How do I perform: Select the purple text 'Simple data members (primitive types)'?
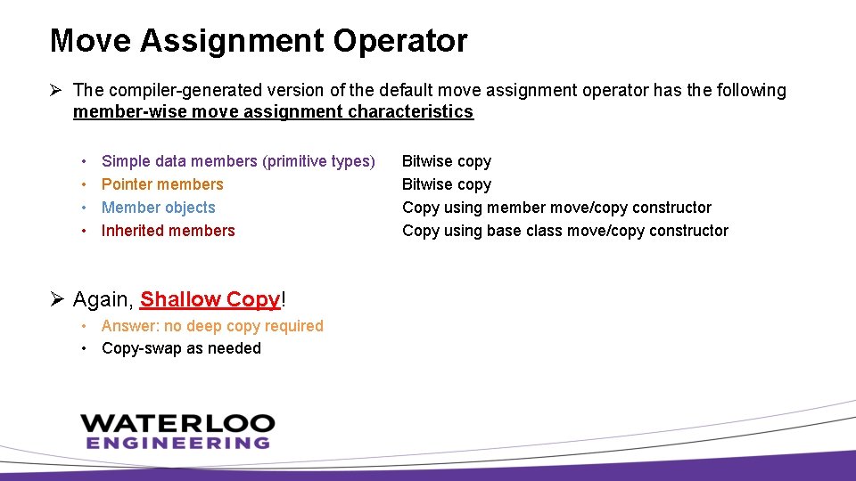tap(238, 161)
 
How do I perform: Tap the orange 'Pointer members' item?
tap(162, 184)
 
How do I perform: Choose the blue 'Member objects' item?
tap(159, 208)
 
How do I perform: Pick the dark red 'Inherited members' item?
tap(169, 231)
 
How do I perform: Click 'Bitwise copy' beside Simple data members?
tap(447, 161)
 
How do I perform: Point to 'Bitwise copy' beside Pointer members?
tap(447, 184)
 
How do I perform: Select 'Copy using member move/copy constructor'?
tap(556, 208)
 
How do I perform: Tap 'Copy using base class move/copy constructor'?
tap(565, 231)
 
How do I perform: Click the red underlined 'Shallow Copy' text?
tap(210, 299)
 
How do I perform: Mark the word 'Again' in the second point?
tap(102, 299)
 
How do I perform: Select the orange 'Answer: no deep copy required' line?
tap(212, 326)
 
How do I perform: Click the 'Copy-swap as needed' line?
tap(181, 348)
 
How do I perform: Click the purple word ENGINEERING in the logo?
tap(177, 442)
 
